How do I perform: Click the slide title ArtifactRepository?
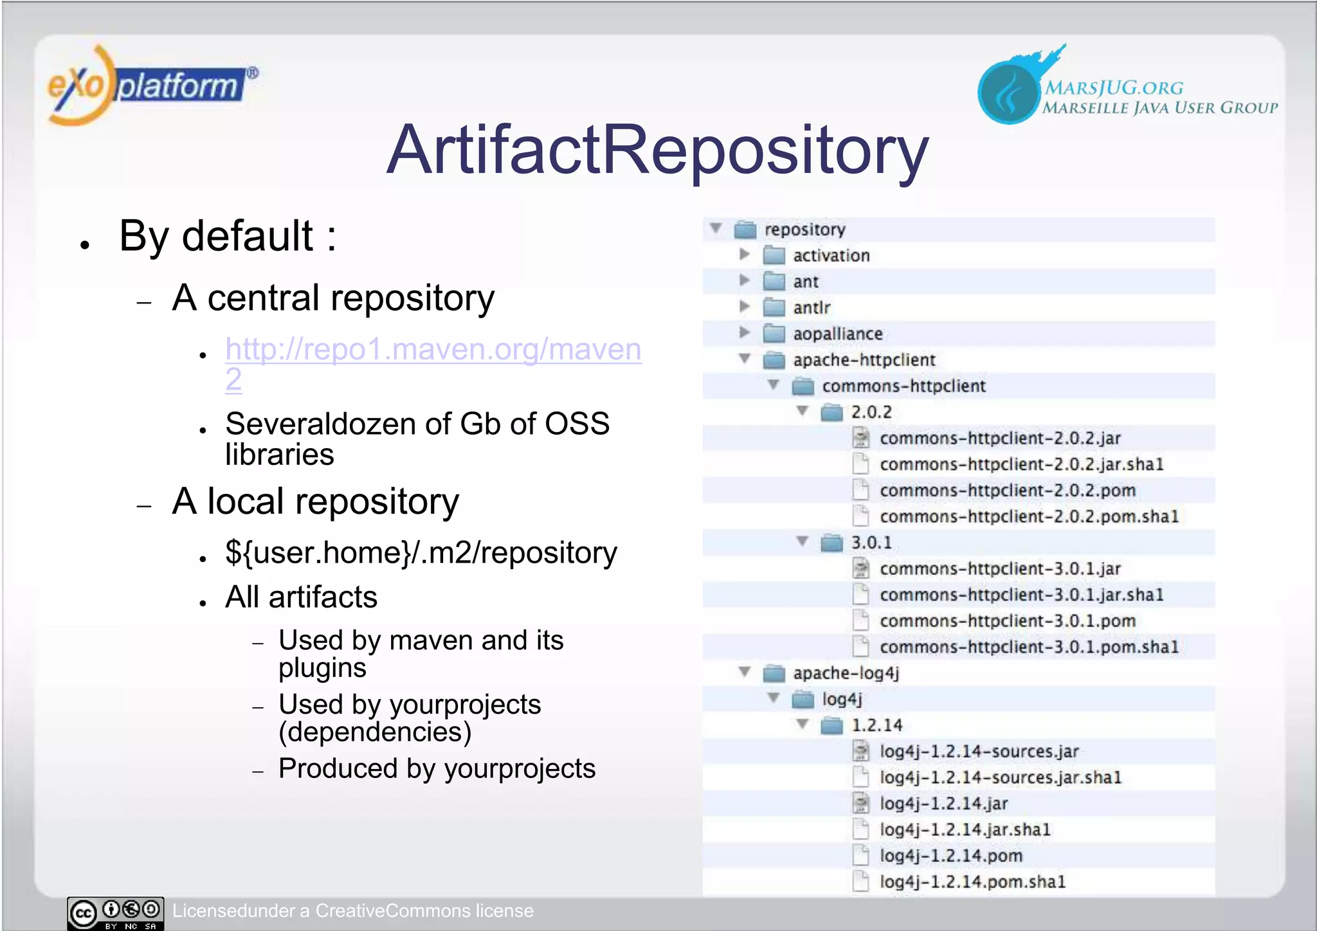[x=657, y=150]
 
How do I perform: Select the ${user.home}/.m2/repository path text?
[x=421, y=553]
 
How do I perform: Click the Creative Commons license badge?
[x=116, y=913]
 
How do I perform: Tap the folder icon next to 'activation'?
[x=774, y=256]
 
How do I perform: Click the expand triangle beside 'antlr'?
[x=745, y=307]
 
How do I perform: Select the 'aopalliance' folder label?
[x=837, y=334]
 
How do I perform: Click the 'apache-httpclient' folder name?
[x=864, y=360]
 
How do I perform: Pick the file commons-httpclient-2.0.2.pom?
[x=1007, y=491]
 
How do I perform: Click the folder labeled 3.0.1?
[x=871, y=543]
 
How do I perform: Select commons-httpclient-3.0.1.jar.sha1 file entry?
[x=1021, y=595]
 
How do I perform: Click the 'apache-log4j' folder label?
[x=846, y=673]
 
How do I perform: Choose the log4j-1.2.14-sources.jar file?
[x=979, y=752]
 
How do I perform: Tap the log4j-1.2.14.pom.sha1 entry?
[x=972, y=882]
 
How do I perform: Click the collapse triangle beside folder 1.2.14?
[x=803, y=725]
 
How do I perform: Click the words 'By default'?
[x=216, y=237]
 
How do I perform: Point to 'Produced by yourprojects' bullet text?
[x=437, y=769]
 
